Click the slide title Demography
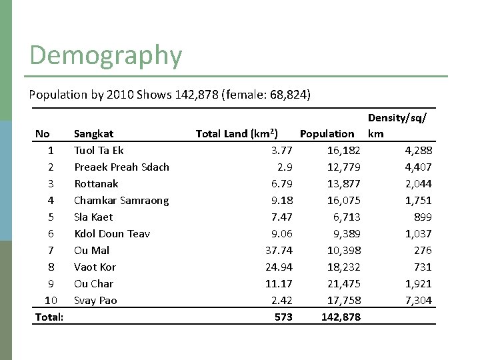point(105,55)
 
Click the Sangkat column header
point(93,133)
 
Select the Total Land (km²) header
point(237,133)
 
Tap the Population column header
point(327,133)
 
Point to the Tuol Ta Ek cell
point(99,150)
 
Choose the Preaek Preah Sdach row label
point(121,167)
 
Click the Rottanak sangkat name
point(96,183)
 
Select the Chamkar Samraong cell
point(121,200)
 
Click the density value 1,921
point(419,283)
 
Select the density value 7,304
point(419,300)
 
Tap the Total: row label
point(49,317)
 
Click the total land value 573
point(283,317)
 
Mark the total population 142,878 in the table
point(341,317)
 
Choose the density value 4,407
point(419,167)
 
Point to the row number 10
point(49,300)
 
